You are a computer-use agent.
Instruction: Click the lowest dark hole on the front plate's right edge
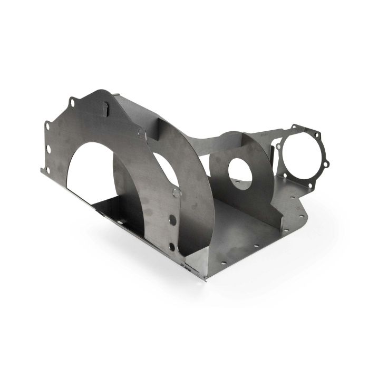coord(172,247)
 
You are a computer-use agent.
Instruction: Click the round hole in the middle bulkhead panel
coord(240,171)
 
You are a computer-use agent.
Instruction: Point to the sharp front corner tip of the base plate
coord(205,280)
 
